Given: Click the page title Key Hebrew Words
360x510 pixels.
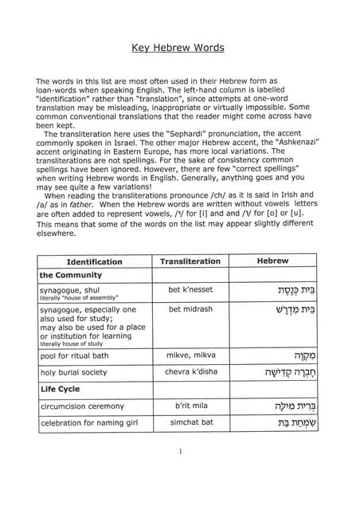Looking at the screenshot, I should point(178,48).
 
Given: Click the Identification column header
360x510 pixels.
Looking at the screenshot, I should point(94,261).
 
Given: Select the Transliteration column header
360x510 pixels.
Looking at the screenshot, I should point(190,261).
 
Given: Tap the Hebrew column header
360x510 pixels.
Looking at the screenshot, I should point(272,261).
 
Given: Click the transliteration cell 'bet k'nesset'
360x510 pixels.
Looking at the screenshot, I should point(190,291).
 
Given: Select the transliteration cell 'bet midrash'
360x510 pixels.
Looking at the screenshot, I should point(190,308).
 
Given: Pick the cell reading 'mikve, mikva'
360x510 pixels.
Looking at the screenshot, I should point(190,355).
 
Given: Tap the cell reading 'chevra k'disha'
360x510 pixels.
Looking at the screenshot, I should point(190,371).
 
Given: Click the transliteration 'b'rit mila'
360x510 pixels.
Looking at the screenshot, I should point(190,406).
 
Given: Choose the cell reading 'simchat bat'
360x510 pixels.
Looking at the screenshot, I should point(190,422).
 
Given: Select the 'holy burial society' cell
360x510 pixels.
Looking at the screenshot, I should point(76,371).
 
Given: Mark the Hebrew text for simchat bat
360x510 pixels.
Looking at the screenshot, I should point(284,423).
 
